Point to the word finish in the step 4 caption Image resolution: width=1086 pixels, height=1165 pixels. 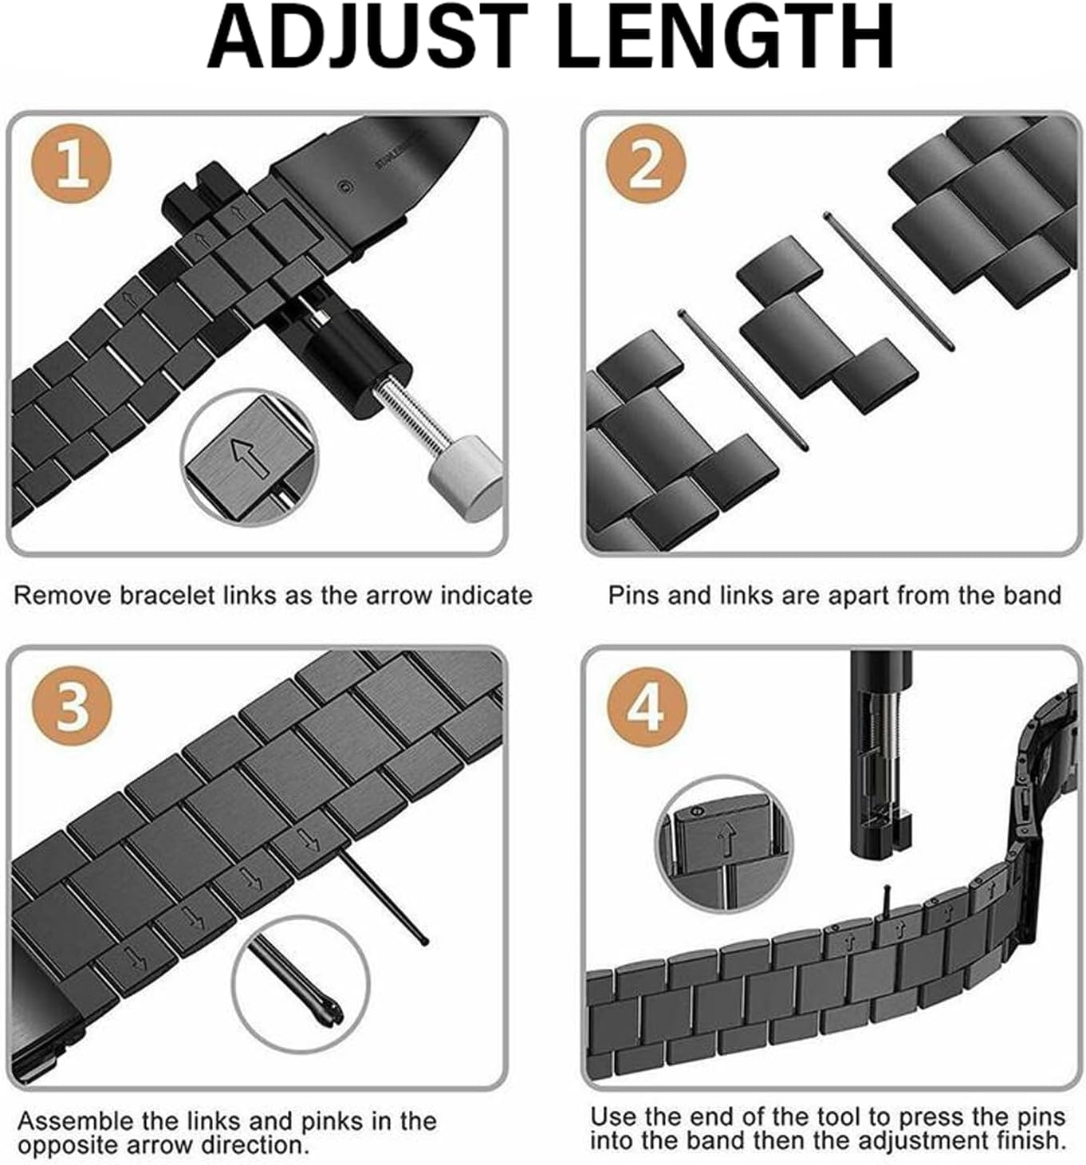[x=1027, y=1140]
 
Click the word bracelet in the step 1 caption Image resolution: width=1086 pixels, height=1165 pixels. [x=167, y=596]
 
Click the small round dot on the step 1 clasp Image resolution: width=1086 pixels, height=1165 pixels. [x=344, y=188]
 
